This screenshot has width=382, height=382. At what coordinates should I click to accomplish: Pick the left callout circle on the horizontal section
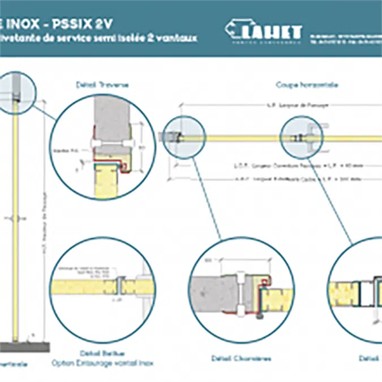coord(183,136)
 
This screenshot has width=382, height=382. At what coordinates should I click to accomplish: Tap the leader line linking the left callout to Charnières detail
coord(206,195)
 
